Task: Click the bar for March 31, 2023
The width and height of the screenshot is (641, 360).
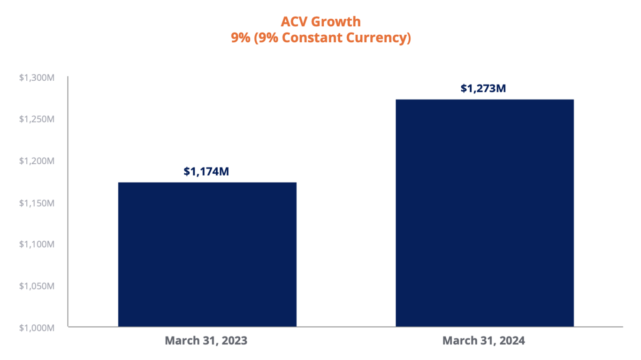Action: (207, 254)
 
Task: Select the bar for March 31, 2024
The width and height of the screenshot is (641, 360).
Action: (484, 213)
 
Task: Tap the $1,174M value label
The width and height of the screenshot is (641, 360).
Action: (206, 172)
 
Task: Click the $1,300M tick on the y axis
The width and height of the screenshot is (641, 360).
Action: (37, 77)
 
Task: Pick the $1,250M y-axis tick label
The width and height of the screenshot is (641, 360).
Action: (37, 119)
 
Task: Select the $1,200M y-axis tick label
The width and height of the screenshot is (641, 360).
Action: (37, 161)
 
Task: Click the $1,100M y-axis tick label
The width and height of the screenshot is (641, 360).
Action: (37, 244)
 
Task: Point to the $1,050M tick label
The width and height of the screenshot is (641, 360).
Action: (37, 286)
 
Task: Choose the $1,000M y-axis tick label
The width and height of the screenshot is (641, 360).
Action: (37, 328)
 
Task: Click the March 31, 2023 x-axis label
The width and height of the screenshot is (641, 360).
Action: (206, 341)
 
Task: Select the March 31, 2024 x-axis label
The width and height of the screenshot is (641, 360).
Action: (483, 341)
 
